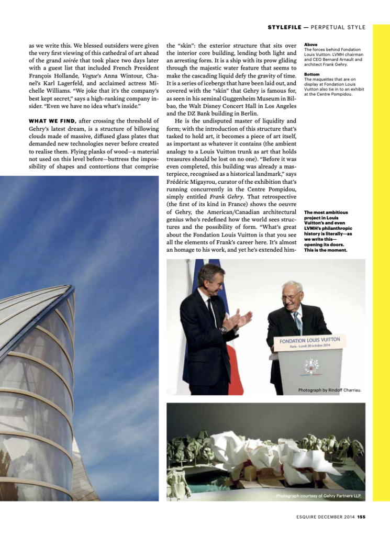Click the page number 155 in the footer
click(361, 518)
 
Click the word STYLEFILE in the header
click(284, 27)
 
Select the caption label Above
click(311, 45)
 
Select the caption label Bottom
click(312, 74)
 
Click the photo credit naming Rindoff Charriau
click(330, 390)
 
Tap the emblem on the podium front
click(311, 366)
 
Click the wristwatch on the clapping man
click(224, 330)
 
